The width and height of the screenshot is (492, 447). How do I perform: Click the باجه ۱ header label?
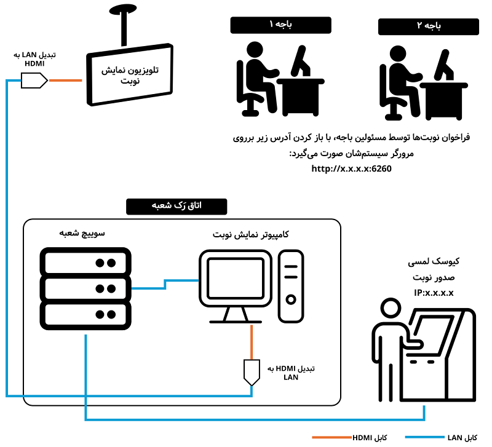click(x=280, y=25)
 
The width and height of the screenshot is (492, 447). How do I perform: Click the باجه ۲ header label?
click(x=428, y=26)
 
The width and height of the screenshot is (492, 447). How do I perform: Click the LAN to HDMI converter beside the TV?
click(x=34, y=80)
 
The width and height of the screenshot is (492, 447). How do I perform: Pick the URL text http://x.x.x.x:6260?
click(x=351, y=168)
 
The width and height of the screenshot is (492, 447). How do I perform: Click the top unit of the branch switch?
click(x=85, y=262)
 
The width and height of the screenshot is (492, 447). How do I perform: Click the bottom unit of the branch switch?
click(x=85, y=315)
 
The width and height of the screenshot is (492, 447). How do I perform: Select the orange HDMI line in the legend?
click(x=331, y=437)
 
